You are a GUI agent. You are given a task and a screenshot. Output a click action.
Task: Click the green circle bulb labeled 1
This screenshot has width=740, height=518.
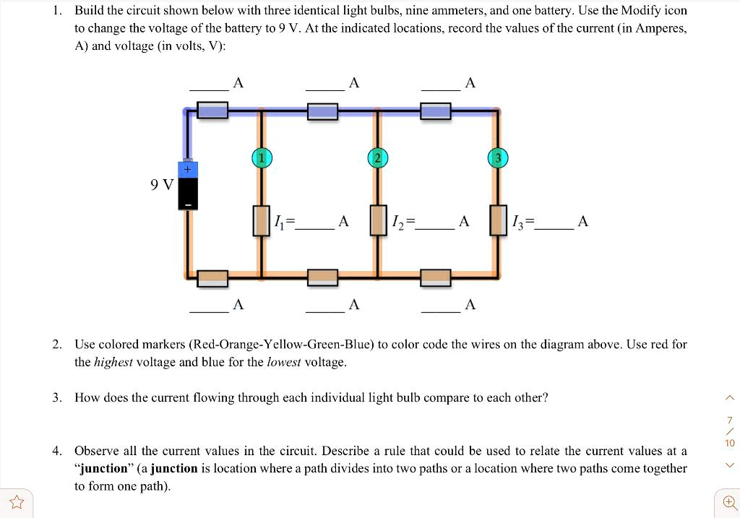click(262, 158)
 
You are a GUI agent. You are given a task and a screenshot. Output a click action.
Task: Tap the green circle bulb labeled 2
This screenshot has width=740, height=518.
click(377, 158)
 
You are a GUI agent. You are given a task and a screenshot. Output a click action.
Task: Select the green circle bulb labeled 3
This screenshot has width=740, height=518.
click(497, 158)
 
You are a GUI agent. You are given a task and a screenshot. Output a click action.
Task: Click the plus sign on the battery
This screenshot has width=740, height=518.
click(187, 169)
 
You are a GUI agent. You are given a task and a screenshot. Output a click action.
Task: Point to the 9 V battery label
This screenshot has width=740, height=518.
click(162, 185)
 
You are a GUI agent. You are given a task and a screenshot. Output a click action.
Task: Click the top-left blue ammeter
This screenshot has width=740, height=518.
click(212, 111)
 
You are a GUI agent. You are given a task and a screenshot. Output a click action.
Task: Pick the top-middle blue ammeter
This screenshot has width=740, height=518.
click(322, 111)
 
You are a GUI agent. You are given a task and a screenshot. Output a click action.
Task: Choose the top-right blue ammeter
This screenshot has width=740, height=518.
click(436, 111)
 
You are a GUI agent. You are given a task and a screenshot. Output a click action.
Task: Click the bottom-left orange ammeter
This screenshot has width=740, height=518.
click(212, 277)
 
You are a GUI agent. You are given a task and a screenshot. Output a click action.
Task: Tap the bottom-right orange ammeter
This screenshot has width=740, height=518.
click(436, 277)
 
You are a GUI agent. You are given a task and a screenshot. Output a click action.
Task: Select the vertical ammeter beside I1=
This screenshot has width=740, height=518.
click(262, 220)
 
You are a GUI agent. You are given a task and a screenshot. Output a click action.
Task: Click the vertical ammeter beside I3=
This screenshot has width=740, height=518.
click(497, 220)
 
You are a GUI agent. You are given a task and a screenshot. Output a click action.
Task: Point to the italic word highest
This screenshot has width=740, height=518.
click(113, 362)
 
